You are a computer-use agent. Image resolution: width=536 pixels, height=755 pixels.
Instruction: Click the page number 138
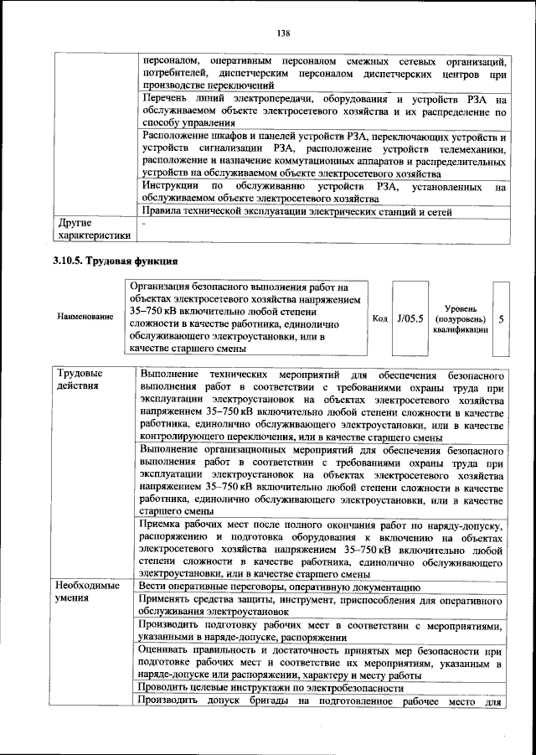coord(282,34)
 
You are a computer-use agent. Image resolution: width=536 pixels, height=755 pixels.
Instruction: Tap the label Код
coord(379,319)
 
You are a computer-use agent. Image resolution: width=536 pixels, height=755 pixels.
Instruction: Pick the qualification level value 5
coord(501,319)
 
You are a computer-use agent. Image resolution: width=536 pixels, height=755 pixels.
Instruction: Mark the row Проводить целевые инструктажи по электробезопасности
coord(272,688)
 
